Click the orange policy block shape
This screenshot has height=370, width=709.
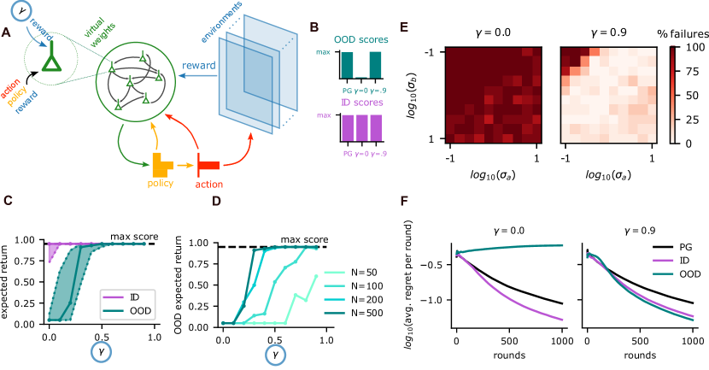[x=161, y=162]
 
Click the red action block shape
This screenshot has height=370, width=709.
[x=208, y=162]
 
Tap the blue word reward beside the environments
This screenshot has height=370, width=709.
[x=198, y=67]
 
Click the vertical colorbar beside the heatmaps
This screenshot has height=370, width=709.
[x=673, y=94]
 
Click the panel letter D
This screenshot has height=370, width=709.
[x=216, y=201]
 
